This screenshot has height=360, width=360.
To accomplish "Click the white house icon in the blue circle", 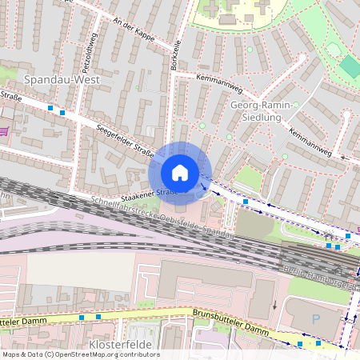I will click(180, 172).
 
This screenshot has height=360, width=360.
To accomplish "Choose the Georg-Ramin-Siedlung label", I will click(256, 110).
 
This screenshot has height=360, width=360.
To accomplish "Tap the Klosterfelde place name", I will click(119, 345).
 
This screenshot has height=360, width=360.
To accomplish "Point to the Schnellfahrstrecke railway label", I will click(160, 218).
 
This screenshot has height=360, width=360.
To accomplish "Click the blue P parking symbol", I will click(315, 318).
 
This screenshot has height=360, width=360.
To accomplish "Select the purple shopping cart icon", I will click(5, 130).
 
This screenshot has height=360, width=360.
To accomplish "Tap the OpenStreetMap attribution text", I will click(80, 354).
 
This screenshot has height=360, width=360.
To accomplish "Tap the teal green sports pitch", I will click(350, 66).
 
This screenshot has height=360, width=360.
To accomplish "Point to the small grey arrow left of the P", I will click(274, 305).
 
